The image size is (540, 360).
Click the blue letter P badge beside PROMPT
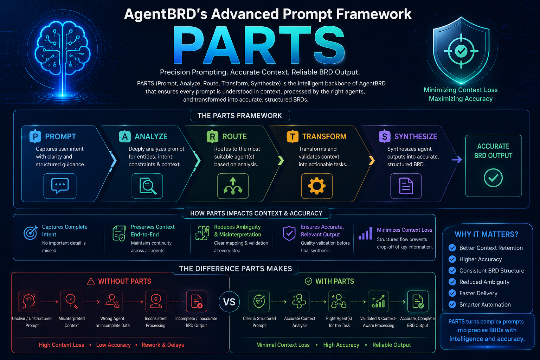(35, 136)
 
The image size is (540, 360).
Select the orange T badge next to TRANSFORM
(292, 136)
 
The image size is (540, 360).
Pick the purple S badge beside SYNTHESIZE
(385, 136)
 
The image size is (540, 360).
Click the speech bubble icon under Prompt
(60, 186)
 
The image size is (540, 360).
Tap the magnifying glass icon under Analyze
(148, 186)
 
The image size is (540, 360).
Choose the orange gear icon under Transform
(317, 186)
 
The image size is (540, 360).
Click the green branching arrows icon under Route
(233, 186)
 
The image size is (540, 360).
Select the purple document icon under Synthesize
(406, 186)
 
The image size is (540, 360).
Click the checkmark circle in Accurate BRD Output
(493, 178)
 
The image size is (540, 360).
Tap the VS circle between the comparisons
(229, 302)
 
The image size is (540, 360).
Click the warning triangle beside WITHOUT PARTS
(91, 281)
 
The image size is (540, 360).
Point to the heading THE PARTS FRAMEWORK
(240, 116)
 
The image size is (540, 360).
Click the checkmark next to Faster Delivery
(452, 293)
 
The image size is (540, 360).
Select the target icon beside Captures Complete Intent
(30, 233)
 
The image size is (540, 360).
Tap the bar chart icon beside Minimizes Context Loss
(365, 233)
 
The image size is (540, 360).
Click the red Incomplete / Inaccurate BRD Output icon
(197, 301)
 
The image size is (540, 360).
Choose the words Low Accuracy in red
(113, 345)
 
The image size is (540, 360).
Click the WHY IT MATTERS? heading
(486, 234)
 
